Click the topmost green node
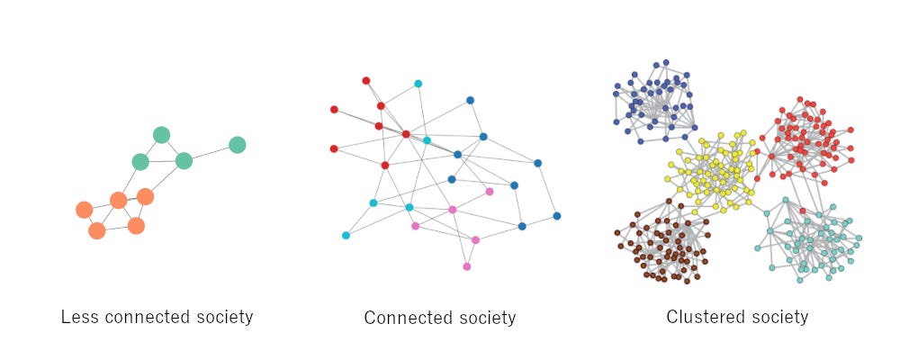(x=161, y=135)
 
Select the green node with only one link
(x=237, y=145)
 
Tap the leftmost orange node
(x=84, y=210)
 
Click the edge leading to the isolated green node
(x=211, y=153)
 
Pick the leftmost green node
(x=140, y=162)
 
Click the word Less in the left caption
(x=78, y=317)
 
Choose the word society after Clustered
(x=779, y=317)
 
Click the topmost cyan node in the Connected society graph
(x=418, y=84)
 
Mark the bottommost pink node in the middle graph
(x=466, y=266)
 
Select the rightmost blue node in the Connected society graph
(x=556, y=216)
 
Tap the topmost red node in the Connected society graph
(x=365, y=80)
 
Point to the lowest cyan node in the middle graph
(x=346, y=236)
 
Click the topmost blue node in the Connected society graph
(x=470, y=100)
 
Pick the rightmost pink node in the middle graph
(x=490, y=192)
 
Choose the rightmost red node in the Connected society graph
(x=406, y=134)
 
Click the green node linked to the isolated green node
(x=184, y=161)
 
